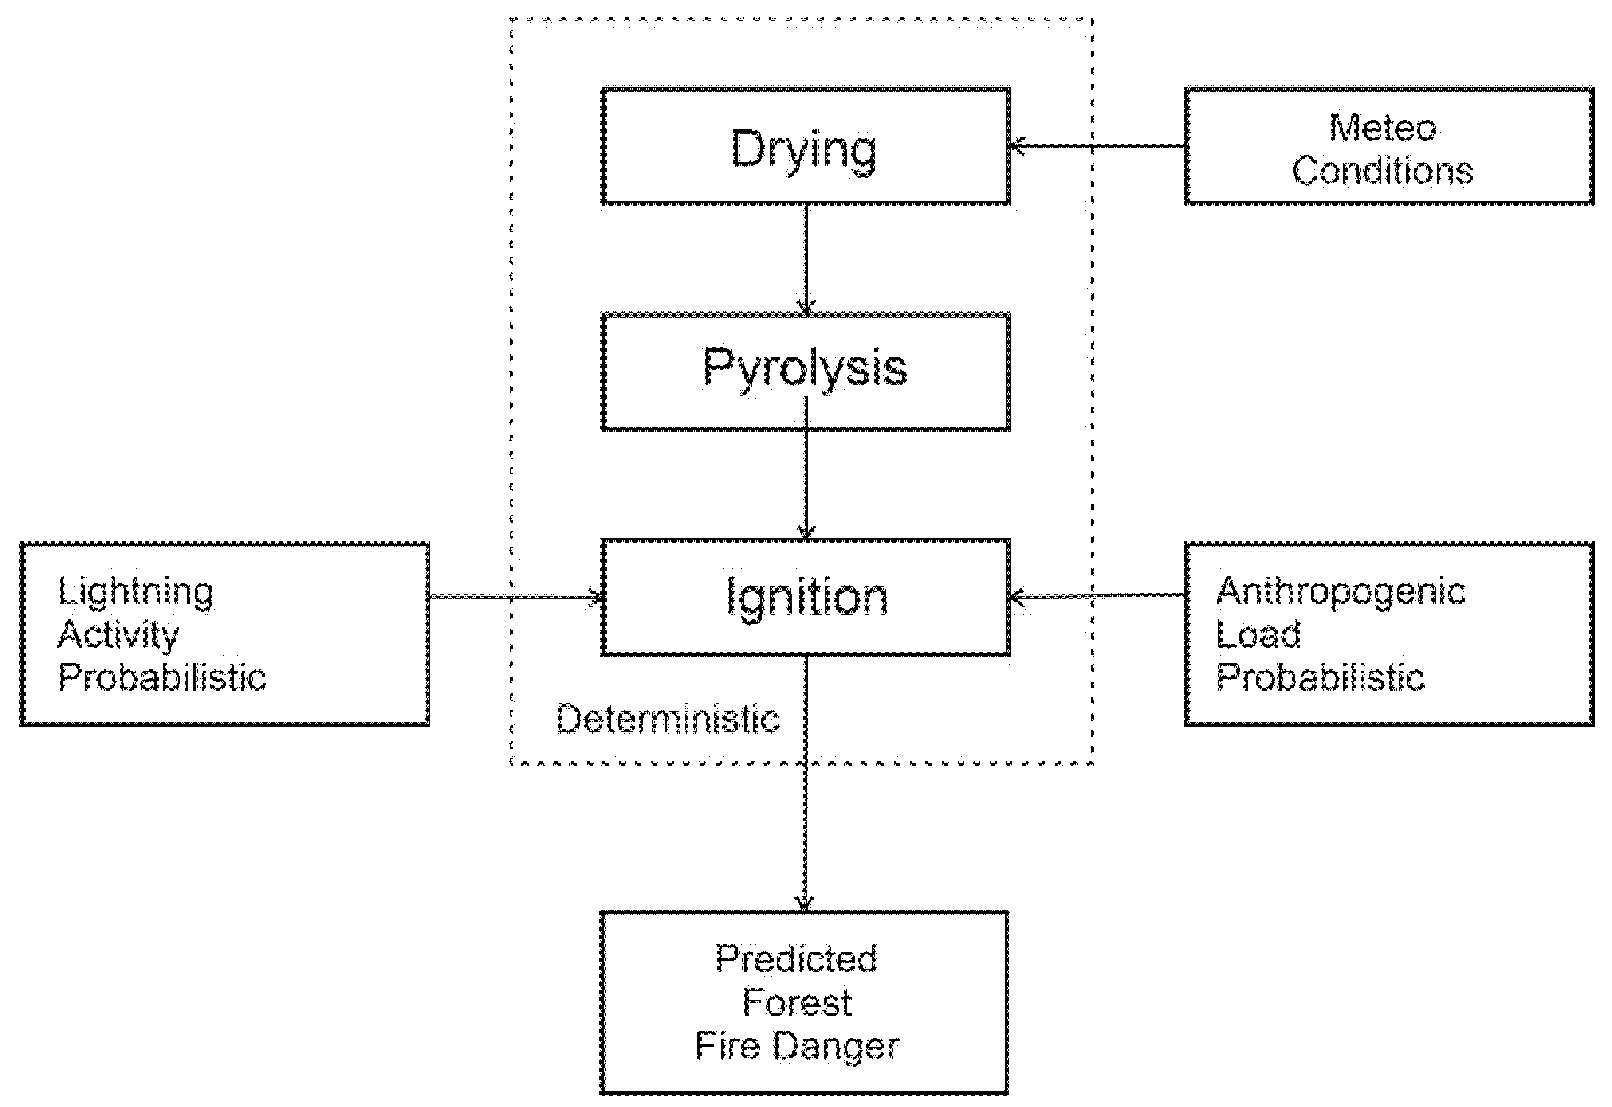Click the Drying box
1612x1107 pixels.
(805, 147)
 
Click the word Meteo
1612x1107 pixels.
(1382, 128)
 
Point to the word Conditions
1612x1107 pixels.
(1382, 171)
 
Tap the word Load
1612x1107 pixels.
(1258, 635)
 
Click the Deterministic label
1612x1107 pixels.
(667, 719)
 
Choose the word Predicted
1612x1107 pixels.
(796, 960)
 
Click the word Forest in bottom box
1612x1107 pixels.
(796, 1003)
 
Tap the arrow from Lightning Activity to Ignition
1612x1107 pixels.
(516, 597)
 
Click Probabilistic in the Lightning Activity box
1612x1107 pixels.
(162, 678)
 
